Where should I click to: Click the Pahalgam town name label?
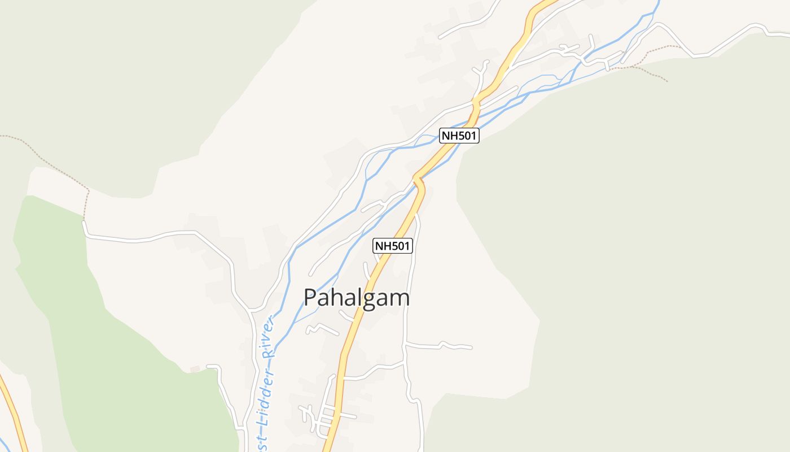(x=357, y=298)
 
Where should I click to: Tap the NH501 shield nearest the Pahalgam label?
(x=393, y=246)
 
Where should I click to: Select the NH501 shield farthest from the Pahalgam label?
(x=459, y=136)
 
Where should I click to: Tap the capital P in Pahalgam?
(x=311, y=298)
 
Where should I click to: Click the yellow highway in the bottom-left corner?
(x=14, y=412)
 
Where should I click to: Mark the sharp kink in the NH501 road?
(x=418, y=180)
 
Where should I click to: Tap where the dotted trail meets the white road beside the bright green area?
(x=84, y=221)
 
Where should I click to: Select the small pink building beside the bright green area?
(x=195, y=369)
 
